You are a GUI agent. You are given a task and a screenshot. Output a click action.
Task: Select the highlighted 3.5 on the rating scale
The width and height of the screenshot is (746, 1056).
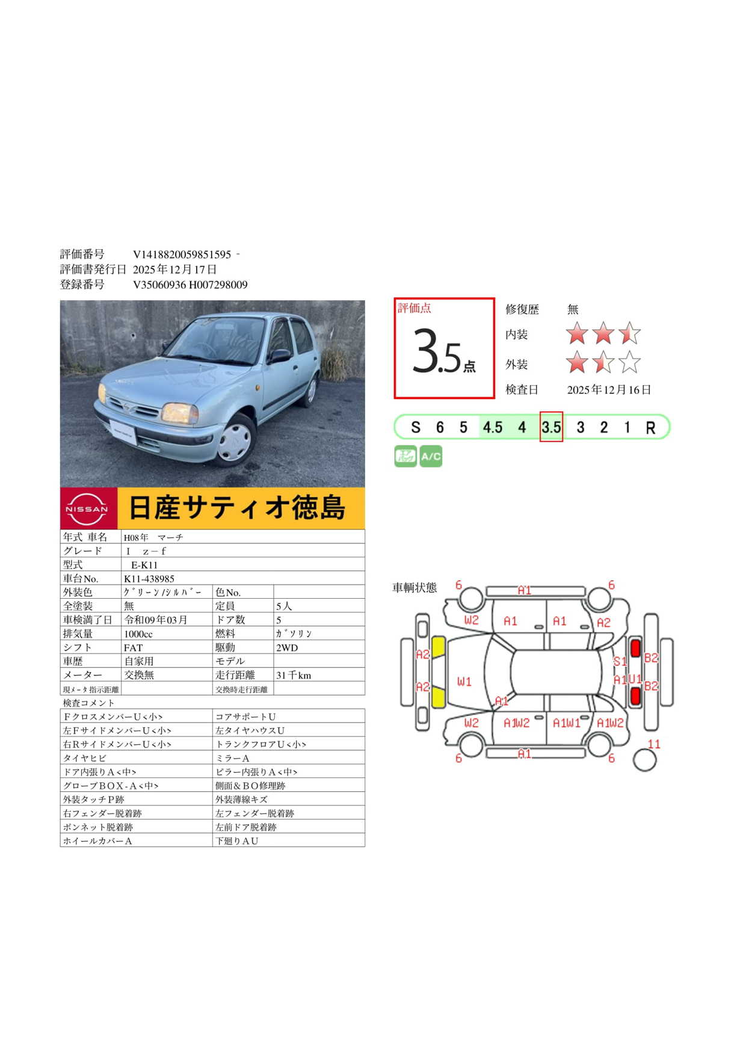click(x=551, y=427)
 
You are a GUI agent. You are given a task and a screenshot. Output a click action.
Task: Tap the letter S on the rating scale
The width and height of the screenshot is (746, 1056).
click(x=416, y=427)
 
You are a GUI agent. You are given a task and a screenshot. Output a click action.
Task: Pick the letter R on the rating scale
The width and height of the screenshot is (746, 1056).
click(x=650, y=428)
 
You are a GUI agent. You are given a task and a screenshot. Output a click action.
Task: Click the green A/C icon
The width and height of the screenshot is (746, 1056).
click(x=431, y=456)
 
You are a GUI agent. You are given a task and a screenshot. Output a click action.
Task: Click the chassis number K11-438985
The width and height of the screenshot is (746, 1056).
click(x=149, y=579)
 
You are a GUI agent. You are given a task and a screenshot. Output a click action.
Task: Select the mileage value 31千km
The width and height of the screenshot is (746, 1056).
click(x=294, y=675)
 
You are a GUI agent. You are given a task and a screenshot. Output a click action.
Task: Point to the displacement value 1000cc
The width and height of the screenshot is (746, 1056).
click(x=138, y=634)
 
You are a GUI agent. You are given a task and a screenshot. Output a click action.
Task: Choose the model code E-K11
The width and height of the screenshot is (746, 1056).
click(x=144, y=565)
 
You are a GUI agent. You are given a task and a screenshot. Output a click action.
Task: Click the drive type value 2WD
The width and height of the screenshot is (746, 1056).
click(x=287, y=648)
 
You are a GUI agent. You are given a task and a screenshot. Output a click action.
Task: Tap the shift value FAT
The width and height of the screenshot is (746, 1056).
click(x=133, y=648)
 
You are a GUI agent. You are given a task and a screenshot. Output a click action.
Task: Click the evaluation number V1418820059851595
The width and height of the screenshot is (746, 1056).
click(x=182, y=255)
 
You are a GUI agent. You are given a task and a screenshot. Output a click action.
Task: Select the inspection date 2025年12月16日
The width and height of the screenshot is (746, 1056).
click(x=609, y=390)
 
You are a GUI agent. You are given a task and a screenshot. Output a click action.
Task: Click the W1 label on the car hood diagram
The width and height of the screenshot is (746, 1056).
click(x=464, y=682)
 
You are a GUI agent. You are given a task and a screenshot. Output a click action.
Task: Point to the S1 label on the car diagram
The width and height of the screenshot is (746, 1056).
click(x=620, y=661)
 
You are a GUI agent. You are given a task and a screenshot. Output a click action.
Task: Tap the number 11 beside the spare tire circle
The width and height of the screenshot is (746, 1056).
click(x=654, y=744)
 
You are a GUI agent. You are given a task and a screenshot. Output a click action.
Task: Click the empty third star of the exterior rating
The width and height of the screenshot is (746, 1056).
click(x=629, y=362)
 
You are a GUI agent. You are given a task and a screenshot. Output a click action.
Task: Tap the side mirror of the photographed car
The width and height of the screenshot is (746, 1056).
click(x=280, y=356)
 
